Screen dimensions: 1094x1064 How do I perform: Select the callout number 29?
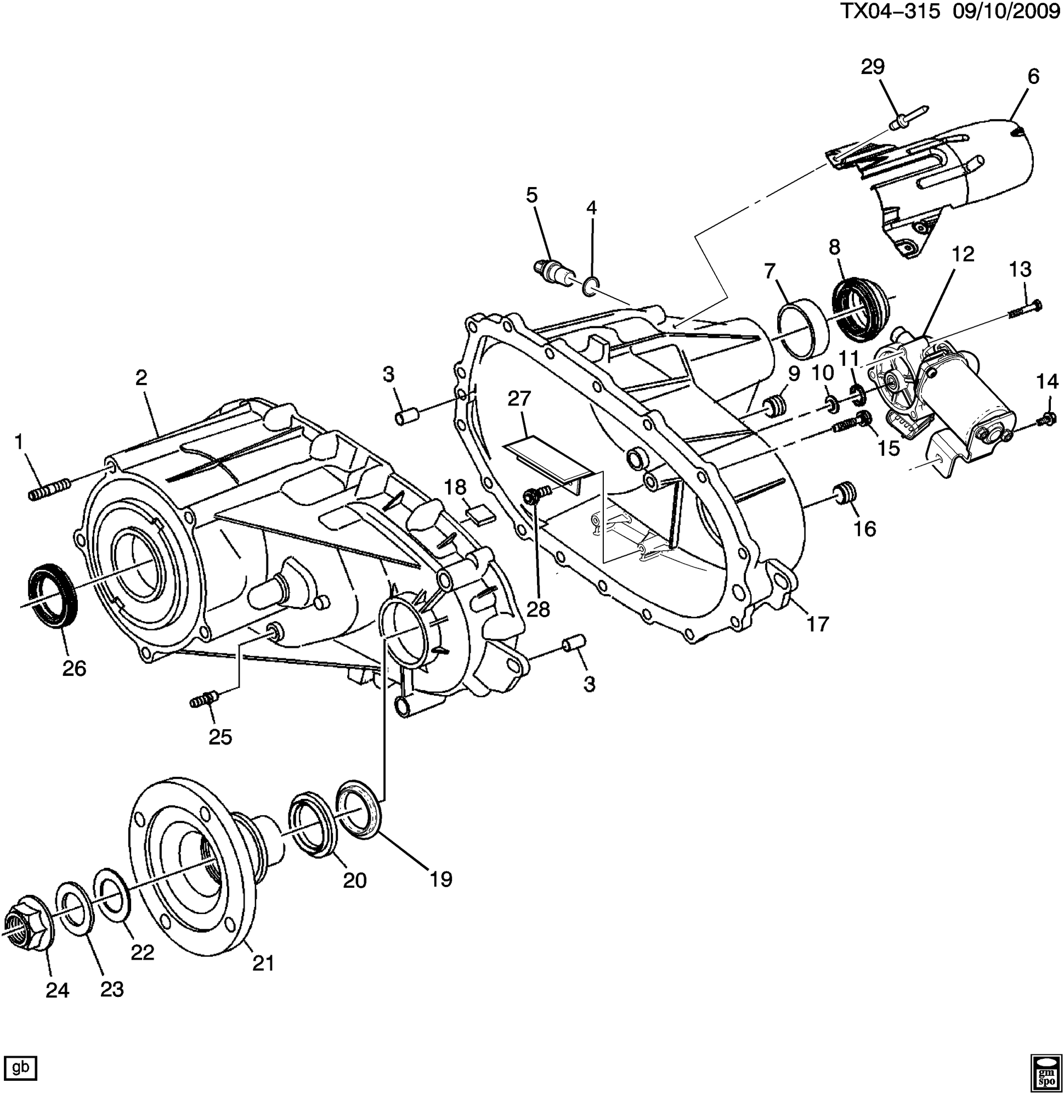click(873, 67)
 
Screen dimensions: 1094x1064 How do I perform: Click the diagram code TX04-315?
click(891, 13)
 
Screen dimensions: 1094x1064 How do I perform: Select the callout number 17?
click(818, 624)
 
